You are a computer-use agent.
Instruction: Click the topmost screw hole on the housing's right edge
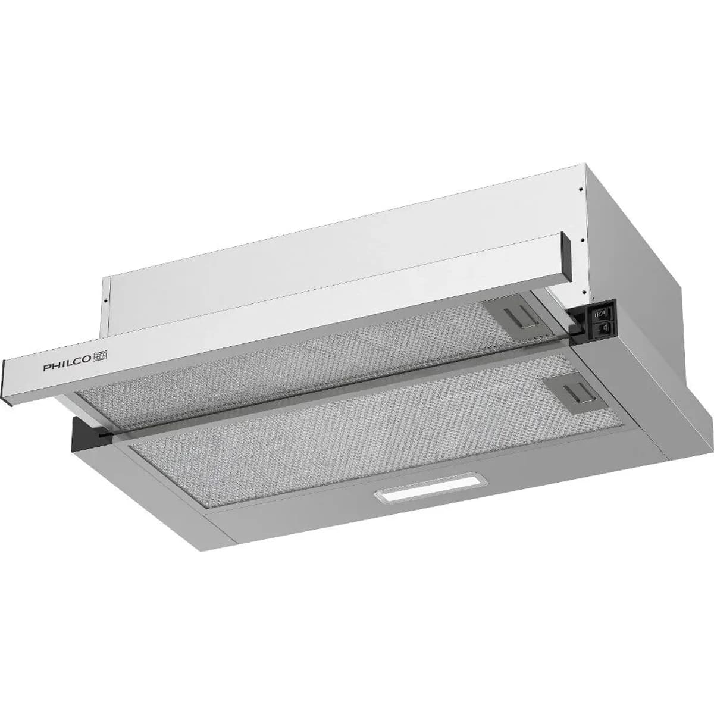pyautogui.click(x=581, y=190)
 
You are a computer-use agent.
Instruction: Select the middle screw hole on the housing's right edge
pyautogui.click(x=583, y=239)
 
